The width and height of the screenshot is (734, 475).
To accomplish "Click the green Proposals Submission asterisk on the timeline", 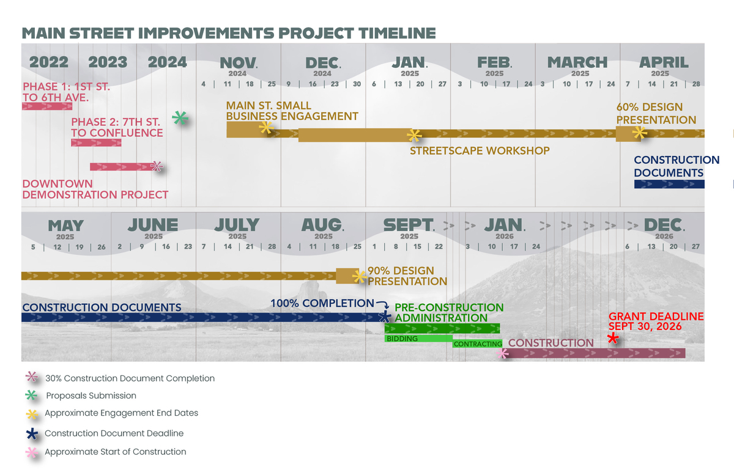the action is tap(180, 118).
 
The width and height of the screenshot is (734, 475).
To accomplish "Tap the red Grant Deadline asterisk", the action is tap(613, 338).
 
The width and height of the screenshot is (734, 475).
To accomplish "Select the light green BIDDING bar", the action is tap(418, 339).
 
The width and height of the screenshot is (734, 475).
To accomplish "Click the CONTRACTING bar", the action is tap(478, 344).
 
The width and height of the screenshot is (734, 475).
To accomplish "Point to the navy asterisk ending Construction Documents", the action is tap(385, 317).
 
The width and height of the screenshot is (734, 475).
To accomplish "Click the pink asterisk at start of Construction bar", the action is tap(502, 353).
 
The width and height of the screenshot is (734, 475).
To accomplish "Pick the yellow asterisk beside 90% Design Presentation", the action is tap(360, 277).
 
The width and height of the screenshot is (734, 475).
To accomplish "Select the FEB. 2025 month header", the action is tap(494, 66).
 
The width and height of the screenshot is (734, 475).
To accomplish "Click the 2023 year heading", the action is tap(108, 62).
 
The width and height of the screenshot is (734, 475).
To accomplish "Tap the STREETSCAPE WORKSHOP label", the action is tap(480, 150).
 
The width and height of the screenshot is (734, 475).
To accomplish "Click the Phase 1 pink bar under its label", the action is tap(47, 106).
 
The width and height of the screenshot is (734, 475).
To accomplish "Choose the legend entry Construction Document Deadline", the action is tap(114, 433).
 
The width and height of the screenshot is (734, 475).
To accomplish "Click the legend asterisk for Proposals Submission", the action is tap(31, 396).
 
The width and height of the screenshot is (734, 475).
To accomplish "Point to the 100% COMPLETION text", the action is tap(322, 303).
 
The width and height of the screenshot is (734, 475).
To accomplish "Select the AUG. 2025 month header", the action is tap(323, 229).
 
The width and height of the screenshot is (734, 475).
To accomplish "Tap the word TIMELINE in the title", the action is tap(397, 33).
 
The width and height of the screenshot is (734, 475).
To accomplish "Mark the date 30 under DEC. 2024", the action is tap(357, 84).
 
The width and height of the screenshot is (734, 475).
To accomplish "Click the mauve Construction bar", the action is tap(594, 353).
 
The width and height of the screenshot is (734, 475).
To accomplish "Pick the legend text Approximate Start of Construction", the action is tap(116, 452).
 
